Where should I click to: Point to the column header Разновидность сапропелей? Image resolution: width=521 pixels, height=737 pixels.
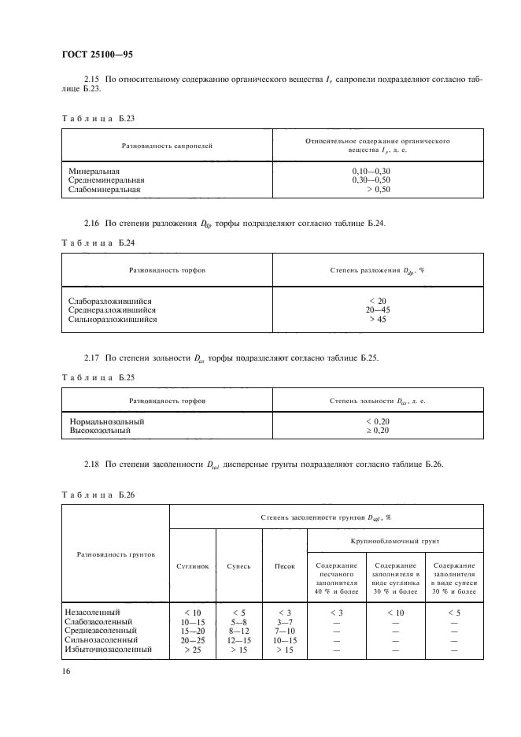coord(167,146)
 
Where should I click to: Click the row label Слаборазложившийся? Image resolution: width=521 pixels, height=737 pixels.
coord(110,301)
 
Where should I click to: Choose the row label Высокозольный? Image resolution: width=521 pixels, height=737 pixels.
coord(99,431)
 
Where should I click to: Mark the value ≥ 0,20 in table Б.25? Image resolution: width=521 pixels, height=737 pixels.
coord(378,431)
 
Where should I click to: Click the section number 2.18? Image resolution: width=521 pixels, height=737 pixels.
coord(93,465)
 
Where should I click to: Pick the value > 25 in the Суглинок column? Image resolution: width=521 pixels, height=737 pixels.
coord(192,650)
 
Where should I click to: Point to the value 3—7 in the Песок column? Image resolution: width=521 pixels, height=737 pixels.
coord(284,621)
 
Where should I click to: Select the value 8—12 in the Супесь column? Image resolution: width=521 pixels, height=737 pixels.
coord(238,631)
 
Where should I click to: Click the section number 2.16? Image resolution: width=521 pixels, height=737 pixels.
coord(93,224)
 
